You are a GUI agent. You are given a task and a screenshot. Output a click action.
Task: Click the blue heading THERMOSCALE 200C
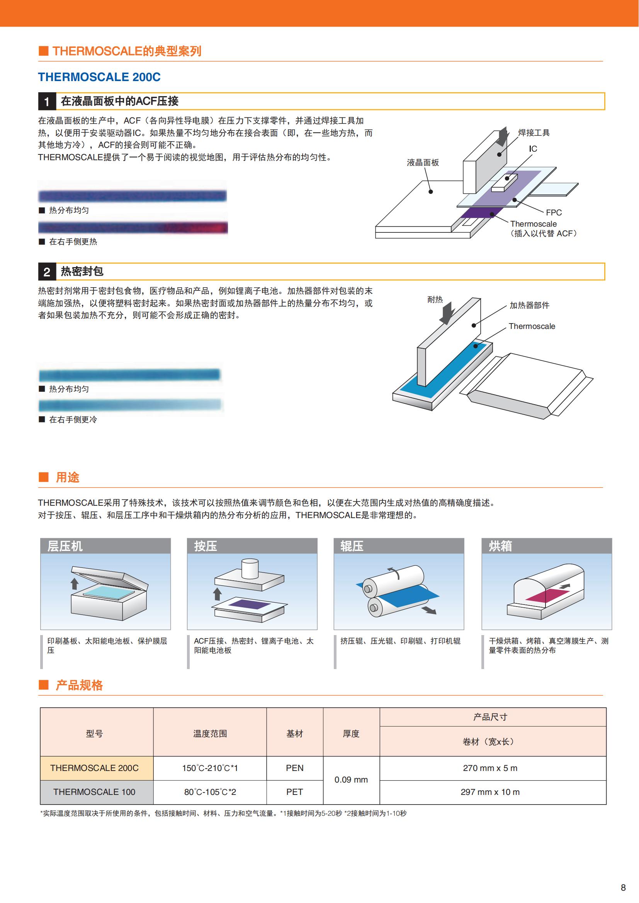pyautogui.click(x=99, y=77)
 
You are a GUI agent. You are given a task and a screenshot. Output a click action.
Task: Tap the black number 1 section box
pyautogui.click(x=47, y=102)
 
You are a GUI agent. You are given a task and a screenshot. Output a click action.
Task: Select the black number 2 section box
pyautogui.click(x=47, y=272)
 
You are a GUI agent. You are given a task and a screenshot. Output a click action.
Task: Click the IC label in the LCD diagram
pyautogui.click(x=533, y=149)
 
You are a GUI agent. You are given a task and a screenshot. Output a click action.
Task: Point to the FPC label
pyautogui.click(x=554, y=212)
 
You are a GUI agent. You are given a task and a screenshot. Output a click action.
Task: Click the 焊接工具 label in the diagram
pyautogui.click(x=534, y=133)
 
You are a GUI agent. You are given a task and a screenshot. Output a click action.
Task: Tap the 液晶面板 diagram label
pyautogui.click(x=423, y=163)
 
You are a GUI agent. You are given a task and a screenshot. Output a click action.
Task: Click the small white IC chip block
pyautogui.click(x=504, y=183)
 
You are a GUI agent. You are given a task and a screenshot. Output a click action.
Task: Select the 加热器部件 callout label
pyautogui.click(x=529, y=305)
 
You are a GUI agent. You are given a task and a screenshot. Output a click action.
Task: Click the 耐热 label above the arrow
pyautogui.click(x=435, y=300)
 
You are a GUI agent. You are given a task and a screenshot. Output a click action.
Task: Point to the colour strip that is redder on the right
pyautogui.click(x=133, y=227)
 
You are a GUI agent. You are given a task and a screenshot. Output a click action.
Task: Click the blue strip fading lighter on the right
pyautogui.click(x=130, y=405)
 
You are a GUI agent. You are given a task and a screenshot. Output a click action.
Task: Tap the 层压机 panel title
pyautogui.click(x=65, y=546)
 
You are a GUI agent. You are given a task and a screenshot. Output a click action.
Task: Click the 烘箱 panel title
pyautogui.click(x=500, y=546)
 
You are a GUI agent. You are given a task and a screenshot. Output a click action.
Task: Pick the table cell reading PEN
pyautogui.click(x=295, y=768)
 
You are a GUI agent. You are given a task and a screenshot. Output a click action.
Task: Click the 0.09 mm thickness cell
pyautogui.click(x=351, y=780)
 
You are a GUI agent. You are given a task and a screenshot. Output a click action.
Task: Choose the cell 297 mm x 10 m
pyautogui.click(x=490, y=792)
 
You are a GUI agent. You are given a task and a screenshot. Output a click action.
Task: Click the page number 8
pyautogui.click(x=623, y=888)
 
